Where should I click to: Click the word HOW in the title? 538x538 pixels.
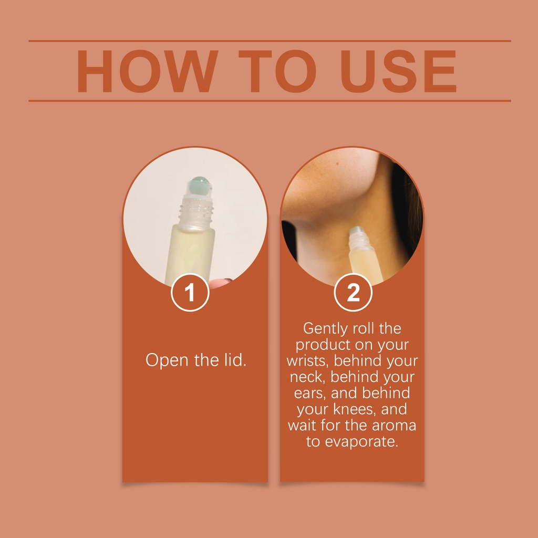coord(148,71)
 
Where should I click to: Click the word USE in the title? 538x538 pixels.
coord(398,71)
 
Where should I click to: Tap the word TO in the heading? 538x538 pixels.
coord(277,71)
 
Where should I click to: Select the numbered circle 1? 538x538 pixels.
coord(190,292)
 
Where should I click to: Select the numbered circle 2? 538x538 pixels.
coord(353,292)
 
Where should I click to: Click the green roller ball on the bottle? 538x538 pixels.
coord(200,185)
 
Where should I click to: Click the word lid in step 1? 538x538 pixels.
coord(235,360)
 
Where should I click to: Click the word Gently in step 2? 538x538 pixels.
coord(325,329)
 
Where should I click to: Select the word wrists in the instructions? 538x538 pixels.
coord(307,361)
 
